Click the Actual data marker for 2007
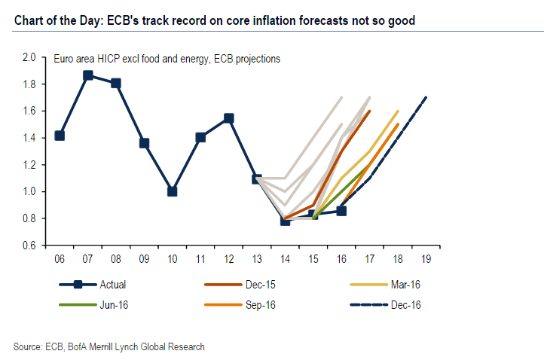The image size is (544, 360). coord(88,75)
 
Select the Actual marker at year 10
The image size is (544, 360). coord(173,191)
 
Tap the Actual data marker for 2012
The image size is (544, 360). coord(228,118)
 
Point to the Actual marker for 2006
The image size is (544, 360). coord(60,136)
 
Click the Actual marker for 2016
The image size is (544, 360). coord(341,211)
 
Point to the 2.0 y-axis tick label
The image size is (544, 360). coord(29,57)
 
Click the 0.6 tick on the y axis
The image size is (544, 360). coord(29,246)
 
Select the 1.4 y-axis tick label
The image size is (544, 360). coord(29,138)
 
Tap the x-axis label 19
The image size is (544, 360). coord(426,258)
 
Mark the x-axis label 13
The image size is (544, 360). coord(257,258)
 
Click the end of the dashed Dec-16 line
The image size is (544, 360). coord(426,97)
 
